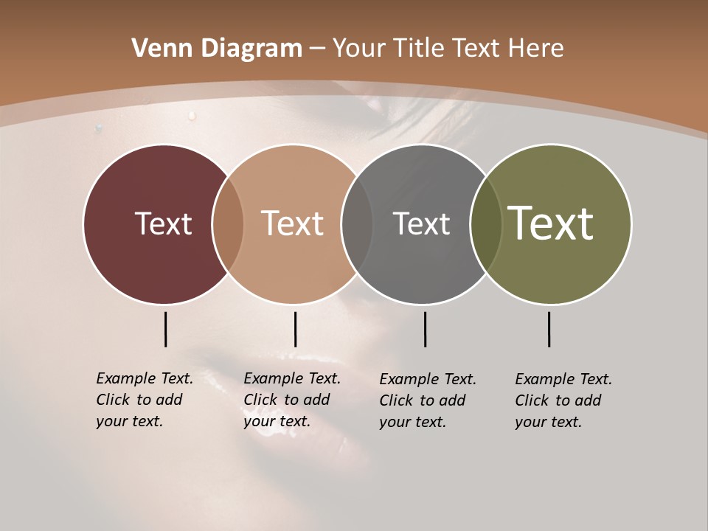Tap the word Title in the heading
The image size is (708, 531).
pos(420,49)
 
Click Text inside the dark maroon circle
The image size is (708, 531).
pos(163,223)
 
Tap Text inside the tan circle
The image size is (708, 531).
pos(293,223)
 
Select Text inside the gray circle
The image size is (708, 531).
pos(421,223)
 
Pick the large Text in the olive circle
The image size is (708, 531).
pos(551,223)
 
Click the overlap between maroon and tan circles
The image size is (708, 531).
pos(228,224)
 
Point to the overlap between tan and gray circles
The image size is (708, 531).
pos(357,224)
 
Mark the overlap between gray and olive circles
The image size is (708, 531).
pos(486,224)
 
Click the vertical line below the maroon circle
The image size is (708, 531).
pos(165,329)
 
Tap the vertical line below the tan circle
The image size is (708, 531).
pos(295,329)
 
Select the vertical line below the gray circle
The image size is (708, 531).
pos(425,329)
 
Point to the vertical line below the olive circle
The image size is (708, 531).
pos(549,329)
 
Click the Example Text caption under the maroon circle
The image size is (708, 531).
pos(145,400)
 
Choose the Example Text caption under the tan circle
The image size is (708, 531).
pos(292,400)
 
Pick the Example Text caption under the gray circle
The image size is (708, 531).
pos(428,400)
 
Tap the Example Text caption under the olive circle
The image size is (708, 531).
pos(563,400)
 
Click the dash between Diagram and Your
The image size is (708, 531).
pos(317,49)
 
